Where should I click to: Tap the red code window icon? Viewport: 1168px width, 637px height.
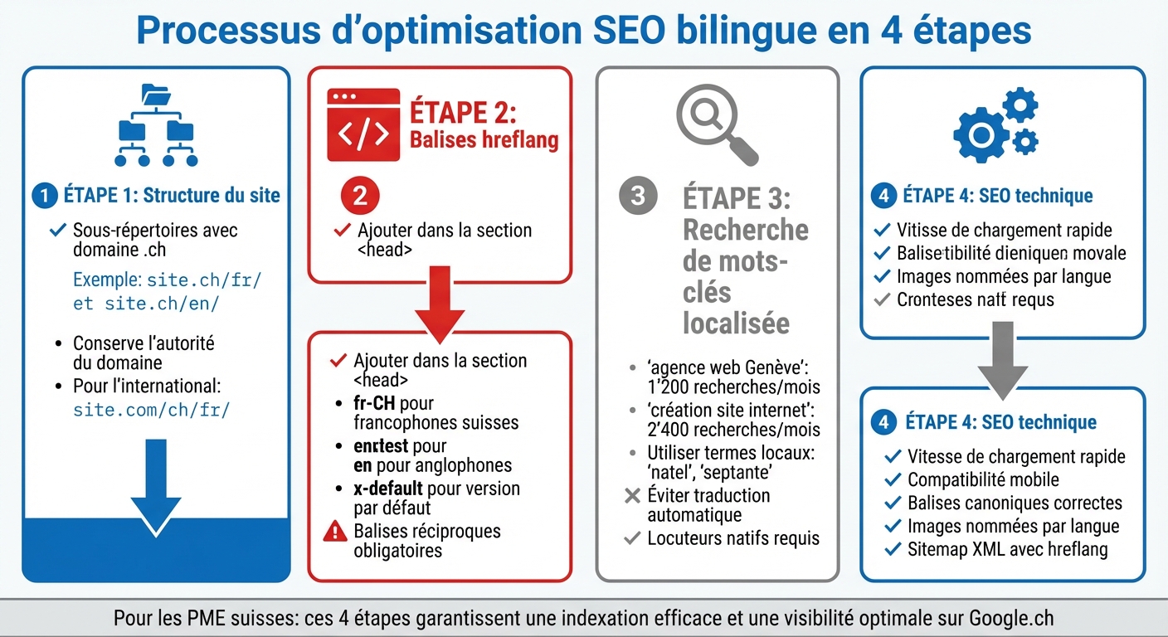coord(363,124)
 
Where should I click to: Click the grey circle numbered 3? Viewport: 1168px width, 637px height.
coord(638,196)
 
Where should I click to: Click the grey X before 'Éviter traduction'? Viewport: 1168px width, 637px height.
coord(632,496)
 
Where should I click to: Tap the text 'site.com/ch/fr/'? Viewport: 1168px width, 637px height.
coord(151,409)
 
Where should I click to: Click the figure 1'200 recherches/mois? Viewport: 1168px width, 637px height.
coord(733,387)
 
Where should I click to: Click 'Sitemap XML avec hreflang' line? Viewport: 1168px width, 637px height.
coord(1007,549)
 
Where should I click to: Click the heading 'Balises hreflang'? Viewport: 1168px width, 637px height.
coord(484,139)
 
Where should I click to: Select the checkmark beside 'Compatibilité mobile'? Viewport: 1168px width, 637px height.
coord(893,479)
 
